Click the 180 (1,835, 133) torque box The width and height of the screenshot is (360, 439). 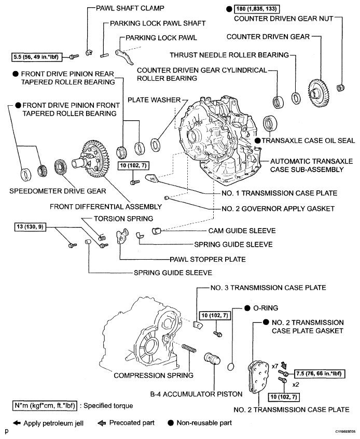click(257, 9)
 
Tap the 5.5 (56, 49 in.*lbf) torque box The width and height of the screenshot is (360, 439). click(36, 57)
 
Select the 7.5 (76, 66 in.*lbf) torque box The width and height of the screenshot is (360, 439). click(320, 374)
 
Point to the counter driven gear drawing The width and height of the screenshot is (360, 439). click(319, 93)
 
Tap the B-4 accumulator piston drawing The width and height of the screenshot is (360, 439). click(212, 359)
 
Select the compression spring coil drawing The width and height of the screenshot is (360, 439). click(189, 348)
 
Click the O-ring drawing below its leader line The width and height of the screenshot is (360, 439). click(230, 366)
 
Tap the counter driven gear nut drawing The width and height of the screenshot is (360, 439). click(340, 88)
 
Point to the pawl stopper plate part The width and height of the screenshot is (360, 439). click(122, 236)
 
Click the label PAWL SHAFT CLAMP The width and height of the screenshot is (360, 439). click(130, 8)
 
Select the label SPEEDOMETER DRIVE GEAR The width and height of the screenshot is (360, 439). click(58, 191)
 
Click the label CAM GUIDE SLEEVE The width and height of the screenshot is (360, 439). click(242, 231)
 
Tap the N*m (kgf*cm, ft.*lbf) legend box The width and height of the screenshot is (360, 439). click(45, 406)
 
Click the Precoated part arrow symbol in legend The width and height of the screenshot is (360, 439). click(102, 423)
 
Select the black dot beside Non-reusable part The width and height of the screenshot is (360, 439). click(171, 423)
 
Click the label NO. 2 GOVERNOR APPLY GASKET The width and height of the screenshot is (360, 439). click(278, 209)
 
